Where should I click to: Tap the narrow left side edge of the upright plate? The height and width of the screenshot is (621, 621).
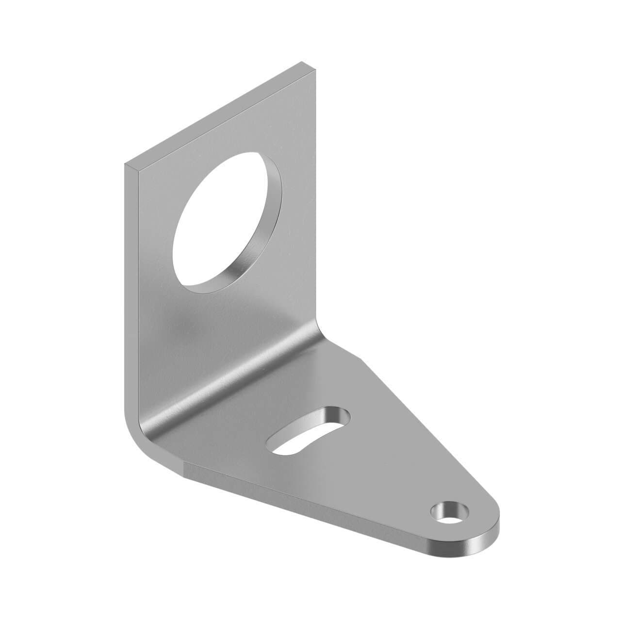(131, 291)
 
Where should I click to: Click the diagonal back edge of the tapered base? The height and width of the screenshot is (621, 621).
(427, 437)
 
